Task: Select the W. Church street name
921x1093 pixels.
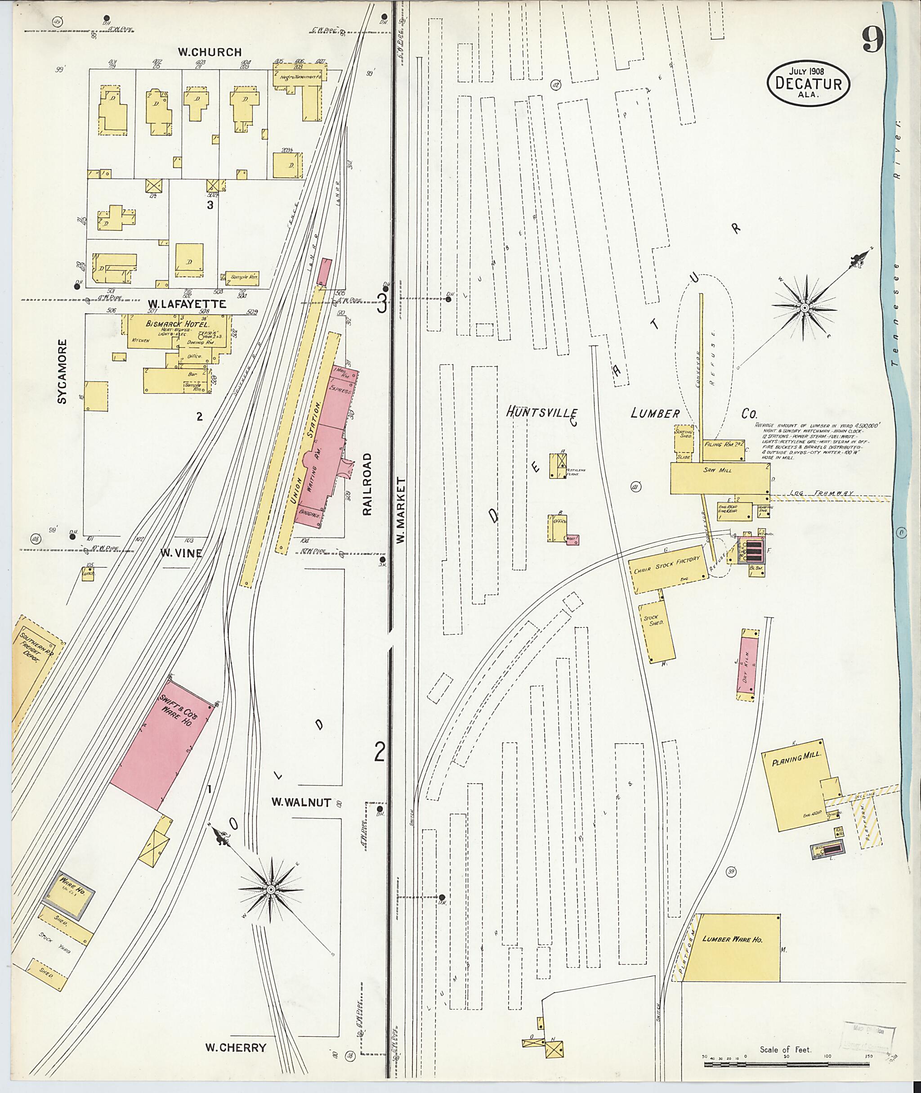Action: [210, 52]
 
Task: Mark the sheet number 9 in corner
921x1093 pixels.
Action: [872, 39]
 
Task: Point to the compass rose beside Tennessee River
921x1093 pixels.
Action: [805, 308]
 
